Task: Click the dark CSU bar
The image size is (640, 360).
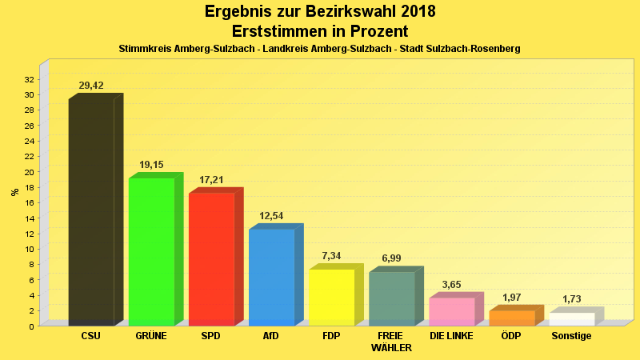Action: pyautogui.click(x=91, y=212)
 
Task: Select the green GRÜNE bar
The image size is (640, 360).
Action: pyautogui.click(x=151, y=251)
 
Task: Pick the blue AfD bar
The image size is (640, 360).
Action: pyautogui.click(x=271, y=277)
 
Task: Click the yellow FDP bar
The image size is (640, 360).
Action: pyautogui.click(x=331, y=297)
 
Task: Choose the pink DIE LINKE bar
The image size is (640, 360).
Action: pyautogui.click(x=451, y=311)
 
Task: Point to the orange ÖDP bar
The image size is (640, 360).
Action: pyautogui.click(x=511, y=318)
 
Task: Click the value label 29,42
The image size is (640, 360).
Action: pyautogui.click(x=91, y=86)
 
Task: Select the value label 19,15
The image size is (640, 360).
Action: pyautogui.click(x=151, y=165)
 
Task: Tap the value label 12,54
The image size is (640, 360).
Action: pyautogui.click(x=271, y=216)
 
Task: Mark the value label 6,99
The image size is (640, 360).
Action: pyautogui.click(x=391, y=258)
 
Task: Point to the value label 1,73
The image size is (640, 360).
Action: pyautogui.click(x=571, y=299)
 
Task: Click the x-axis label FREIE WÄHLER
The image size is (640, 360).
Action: pyautogui.click(x=391, y=342)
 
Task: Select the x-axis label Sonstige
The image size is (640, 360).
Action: pyautogui.click(x=571, y=336)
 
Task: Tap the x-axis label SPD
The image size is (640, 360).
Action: pyautogui.click(x=211, y=336)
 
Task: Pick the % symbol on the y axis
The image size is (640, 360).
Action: pyautogui.click(x=14, y=192)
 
